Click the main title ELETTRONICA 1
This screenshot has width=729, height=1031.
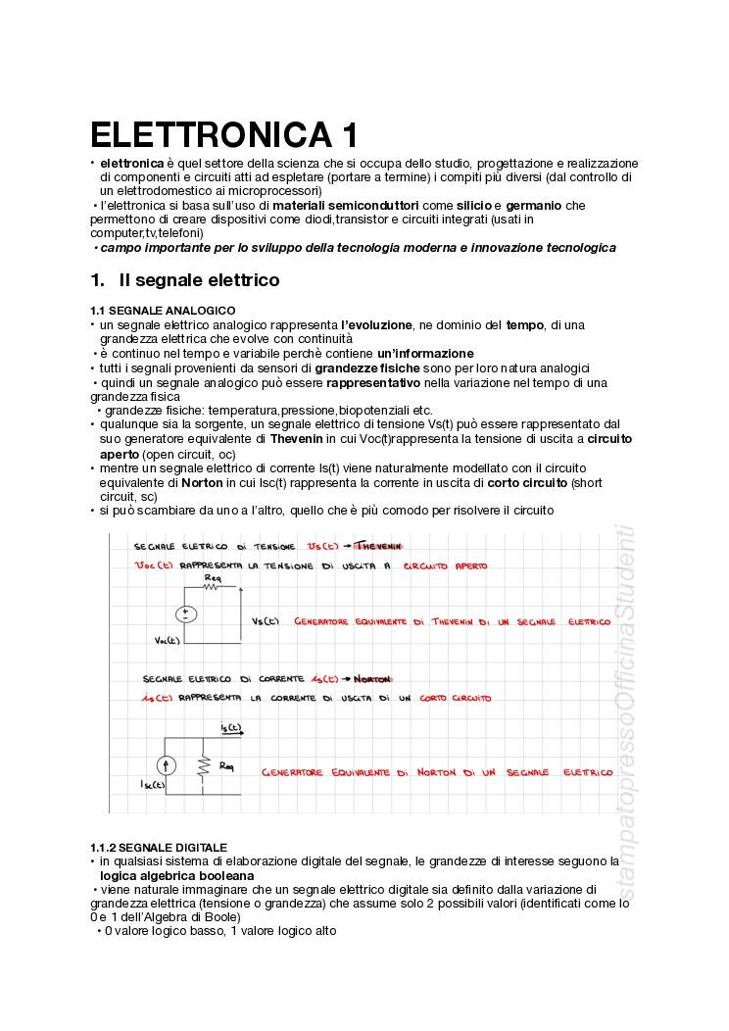(x=224, y=134)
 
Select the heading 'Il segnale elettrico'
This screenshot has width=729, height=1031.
(x=199, y=280)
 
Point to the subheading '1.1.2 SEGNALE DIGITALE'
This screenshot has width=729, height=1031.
(x=159, y=847)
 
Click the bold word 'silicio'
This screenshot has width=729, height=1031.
(x=473, y=205)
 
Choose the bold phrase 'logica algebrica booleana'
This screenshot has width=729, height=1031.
(x=176, y=875)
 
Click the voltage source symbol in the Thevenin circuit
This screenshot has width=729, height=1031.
(x=185, y=614)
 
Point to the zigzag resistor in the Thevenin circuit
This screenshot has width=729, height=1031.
(x=212, y=587)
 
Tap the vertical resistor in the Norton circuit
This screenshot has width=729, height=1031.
(x=204, y=765)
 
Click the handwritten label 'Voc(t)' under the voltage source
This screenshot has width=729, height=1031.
(x=168, y=641)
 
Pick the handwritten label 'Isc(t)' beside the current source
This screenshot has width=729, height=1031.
(x=154, y=784)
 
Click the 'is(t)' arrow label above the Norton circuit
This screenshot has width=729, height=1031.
(x=231, y=727)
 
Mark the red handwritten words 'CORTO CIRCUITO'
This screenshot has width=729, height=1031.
(x=456, y=698)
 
